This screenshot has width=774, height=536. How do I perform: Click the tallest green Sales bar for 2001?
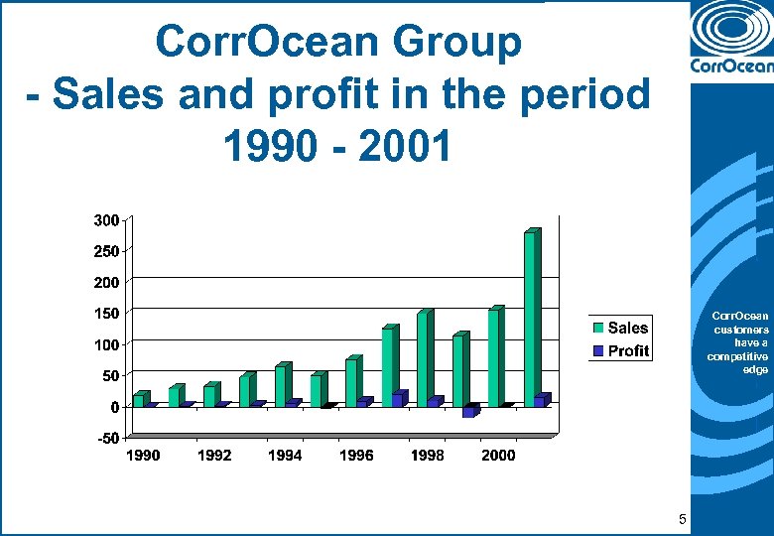531,318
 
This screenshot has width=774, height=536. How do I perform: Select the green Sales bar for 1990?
140,399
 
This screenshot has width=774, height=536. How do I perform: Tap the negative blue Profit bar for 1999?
469,411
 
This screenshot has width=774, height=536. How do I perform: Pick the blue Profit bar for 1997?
399,398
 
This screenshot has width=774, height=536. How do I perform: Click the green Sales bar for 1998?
424,357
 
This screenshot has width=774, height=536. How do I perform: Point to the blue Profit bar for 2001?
541,399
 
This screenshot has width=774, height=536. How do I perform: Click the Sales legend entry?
620,328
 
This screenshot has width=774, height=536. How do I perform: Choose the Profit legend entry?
620,350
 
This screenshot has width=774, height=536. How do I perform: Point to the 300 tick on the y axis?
107,219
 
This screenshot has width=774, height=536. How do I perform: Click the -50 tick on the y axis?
107,438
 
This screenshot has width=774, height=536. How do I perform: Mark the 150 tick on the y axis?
107,314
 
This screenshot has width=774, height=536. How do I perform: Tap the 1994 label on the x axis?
285,456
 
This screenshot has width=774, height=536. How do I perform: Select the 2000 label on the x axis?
498,456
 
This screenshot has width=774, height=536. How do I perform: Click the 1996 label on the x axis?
356,456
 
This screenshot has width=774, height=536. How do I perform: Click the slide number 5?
682,519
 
